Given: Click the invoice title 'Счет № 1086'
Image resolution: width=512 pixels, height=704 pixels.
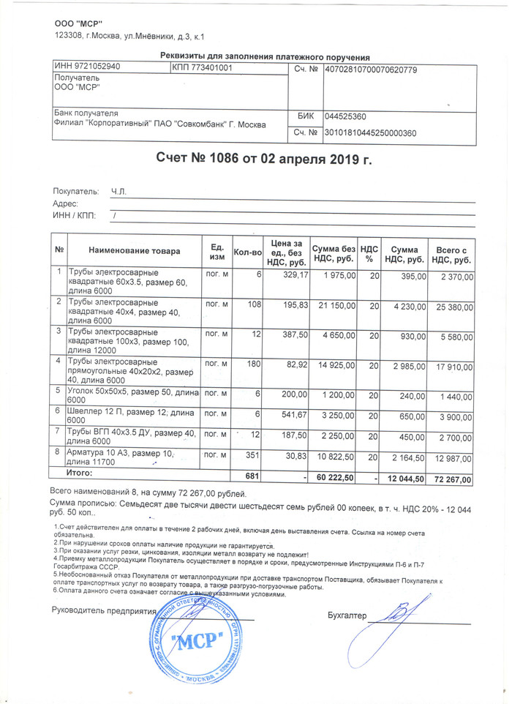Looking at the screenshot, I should [264, 159].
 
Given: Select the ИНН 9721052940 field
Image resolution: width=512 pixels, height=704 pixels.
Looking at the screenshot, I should [88, 67].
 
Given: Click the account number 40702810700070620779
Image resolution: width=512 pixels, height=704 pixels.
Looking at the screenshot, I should [371, 70].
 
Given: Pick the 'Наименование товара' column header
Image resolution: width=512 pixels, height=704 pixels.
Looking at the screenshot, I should [134, 251].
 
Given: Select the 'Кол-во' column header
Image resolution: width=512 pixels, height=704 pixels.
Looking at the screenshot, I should [247, 252].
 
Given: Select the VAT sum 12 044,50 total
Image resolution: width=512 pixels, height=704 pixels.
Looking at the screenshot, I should [404, 479].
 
